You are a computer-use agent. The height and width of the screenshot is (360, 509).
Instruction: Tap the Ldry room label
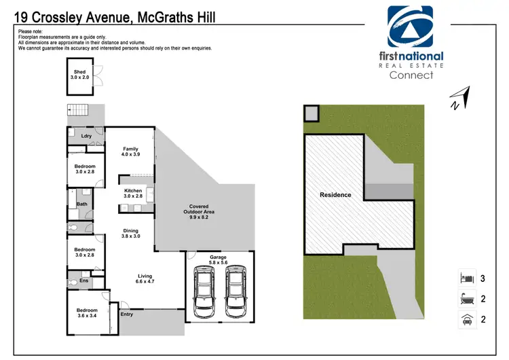click(x=86, y=137)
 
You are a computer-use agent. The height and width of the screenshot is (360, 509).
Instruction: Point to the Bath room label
click(x=81, y=204)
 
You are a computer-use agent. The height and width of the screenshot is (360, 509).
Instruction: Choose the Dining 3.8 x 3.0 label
click(x=130, y=233)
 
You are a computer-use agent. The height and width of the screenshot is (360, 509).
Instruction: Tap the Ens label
click(x=84, y=280)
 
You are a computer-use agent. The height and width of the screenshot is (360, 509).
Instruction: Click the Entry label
click(x=127, y=314)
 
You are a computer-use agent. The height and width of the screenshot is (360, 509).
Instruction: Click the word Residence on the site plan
click(x=335, y=195)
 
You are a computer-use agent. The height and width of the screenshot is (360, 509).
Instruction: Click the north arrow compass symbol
click(x=459, y=97)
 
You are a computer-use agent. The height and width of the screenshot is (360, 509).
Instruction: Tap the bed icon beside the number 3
click(x=466, y=278)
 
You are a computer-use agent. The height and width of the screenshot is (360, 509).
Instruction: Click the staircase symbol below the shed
click(x=80, y=111)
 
